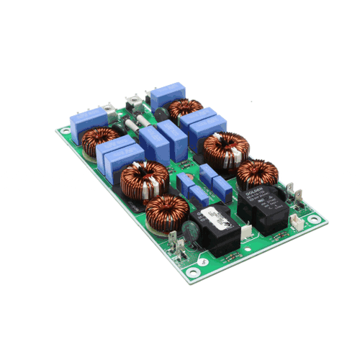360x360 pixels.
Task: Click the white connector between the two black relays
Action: click(246, 230)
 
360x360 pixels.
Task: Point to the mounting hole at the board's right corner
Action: click(314, 219)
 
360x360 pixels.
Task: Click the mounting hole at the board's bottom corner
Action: click(192, 271)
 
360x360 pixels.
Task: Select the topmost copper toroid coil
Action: click(185, 109)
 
